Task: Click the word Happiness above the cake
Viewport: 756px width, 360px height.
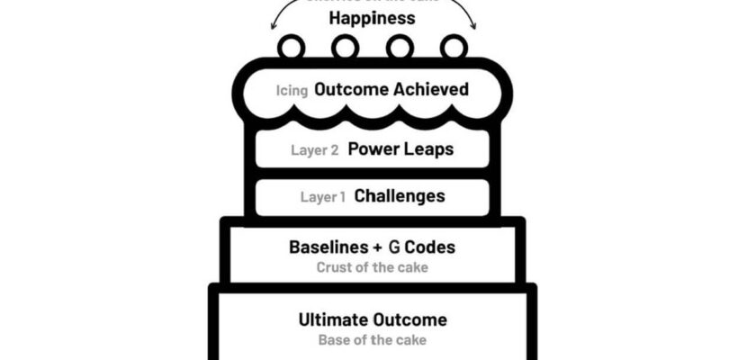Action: [x=372, y=17]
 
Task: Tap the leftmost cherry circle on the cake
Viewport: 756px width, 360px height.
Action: [x=291, y=46]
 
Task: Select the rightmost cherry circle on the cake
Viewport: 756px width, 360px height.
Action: [x=454, y=46]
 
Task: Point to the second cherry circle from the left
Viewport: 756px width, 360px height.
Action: [x=345, y=46]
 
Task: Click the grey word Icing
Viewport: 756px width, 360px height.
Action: [x=292, y=91]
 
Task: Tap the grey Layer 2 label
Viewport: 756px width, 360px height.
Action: [x=314, y=150]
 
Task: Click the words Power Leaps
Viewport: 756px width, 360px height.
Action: [x=400, y=149]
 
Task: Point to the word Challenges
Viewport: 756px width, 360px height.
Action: [x=400, y=195]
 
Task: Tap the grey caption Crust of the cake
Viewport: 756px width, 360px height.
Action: [x=372, y=267]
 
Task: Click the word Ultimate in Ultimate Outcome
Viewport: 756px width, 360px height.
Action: [x=332, y=319]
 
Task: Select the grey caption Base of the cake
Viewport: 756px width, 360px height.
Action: [x=372, y=340]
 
